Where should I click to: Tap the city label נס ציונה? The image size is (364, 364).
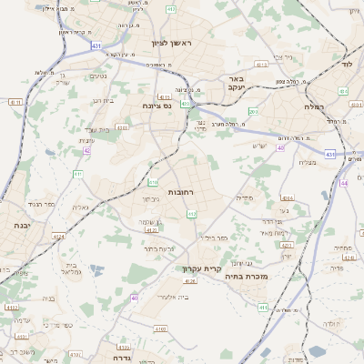[157, 106]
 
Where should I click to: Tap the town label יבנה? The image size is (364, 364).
[16, 224]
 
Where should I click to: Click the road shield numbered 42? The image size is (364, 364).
[86, 150]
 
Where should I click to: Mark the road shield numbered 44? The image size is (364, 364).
[345, 183]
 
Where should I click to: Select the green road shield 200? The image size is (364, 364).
[254, 111]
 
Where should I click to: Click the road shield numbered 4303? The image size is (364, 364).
[121, 128]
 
